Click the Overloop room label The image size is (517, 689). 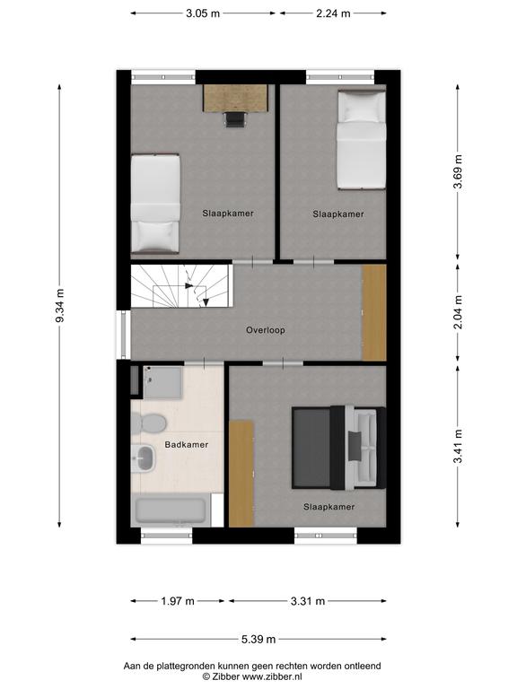pyautogui.click(x=265, y=330)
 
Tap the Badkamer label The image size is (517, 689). pyautogui.click(x=187, y=445)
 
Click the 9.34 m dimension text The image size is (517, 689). pyautogui.click(x=60, y=306)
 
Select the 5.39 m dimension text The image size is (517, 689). pyautogui.click(x=258, y=640)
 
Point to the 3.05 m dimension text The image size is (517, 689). pyautogui.click(x=203, y=13)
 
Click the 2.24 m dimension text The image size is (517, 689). pyautogui.click(x=333, y=13)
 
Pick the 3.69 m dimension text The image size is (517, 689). pyautogui.click(x=458, y=171)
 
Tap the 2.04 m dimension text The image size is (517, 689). pyautogui.click(x=458, y=312)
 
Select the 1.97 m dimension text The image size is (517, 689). pyautogui.click(x=178, y=601)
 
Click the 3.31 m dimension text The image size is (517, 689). pyautogui.click(x=308, y=601)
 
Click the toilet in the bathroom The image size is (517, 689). pyautogui.click(x=149, y=423)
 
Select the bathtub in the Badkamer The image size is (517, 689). pyautogui.click(x=171, y=510)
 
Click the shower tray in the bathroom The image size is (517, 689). pyautogui.click(x=162, y=382)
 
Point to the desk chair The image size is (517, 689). pyautogui.click(x=235, y=119)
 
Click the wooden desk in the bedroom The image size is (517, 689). pyautogui.click(x=236, y=98)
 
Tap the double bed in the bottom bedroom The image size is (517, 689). pyautogui.click(x=339, y=448)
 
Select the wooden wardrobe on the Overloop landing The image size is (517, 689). pyautogui.click(x=373, y=312)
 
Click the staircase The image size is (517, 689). pyautogui.click(x=181, y=286)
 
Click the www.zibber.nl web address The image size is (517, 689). pyautogui.click(x=272, y=677)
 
